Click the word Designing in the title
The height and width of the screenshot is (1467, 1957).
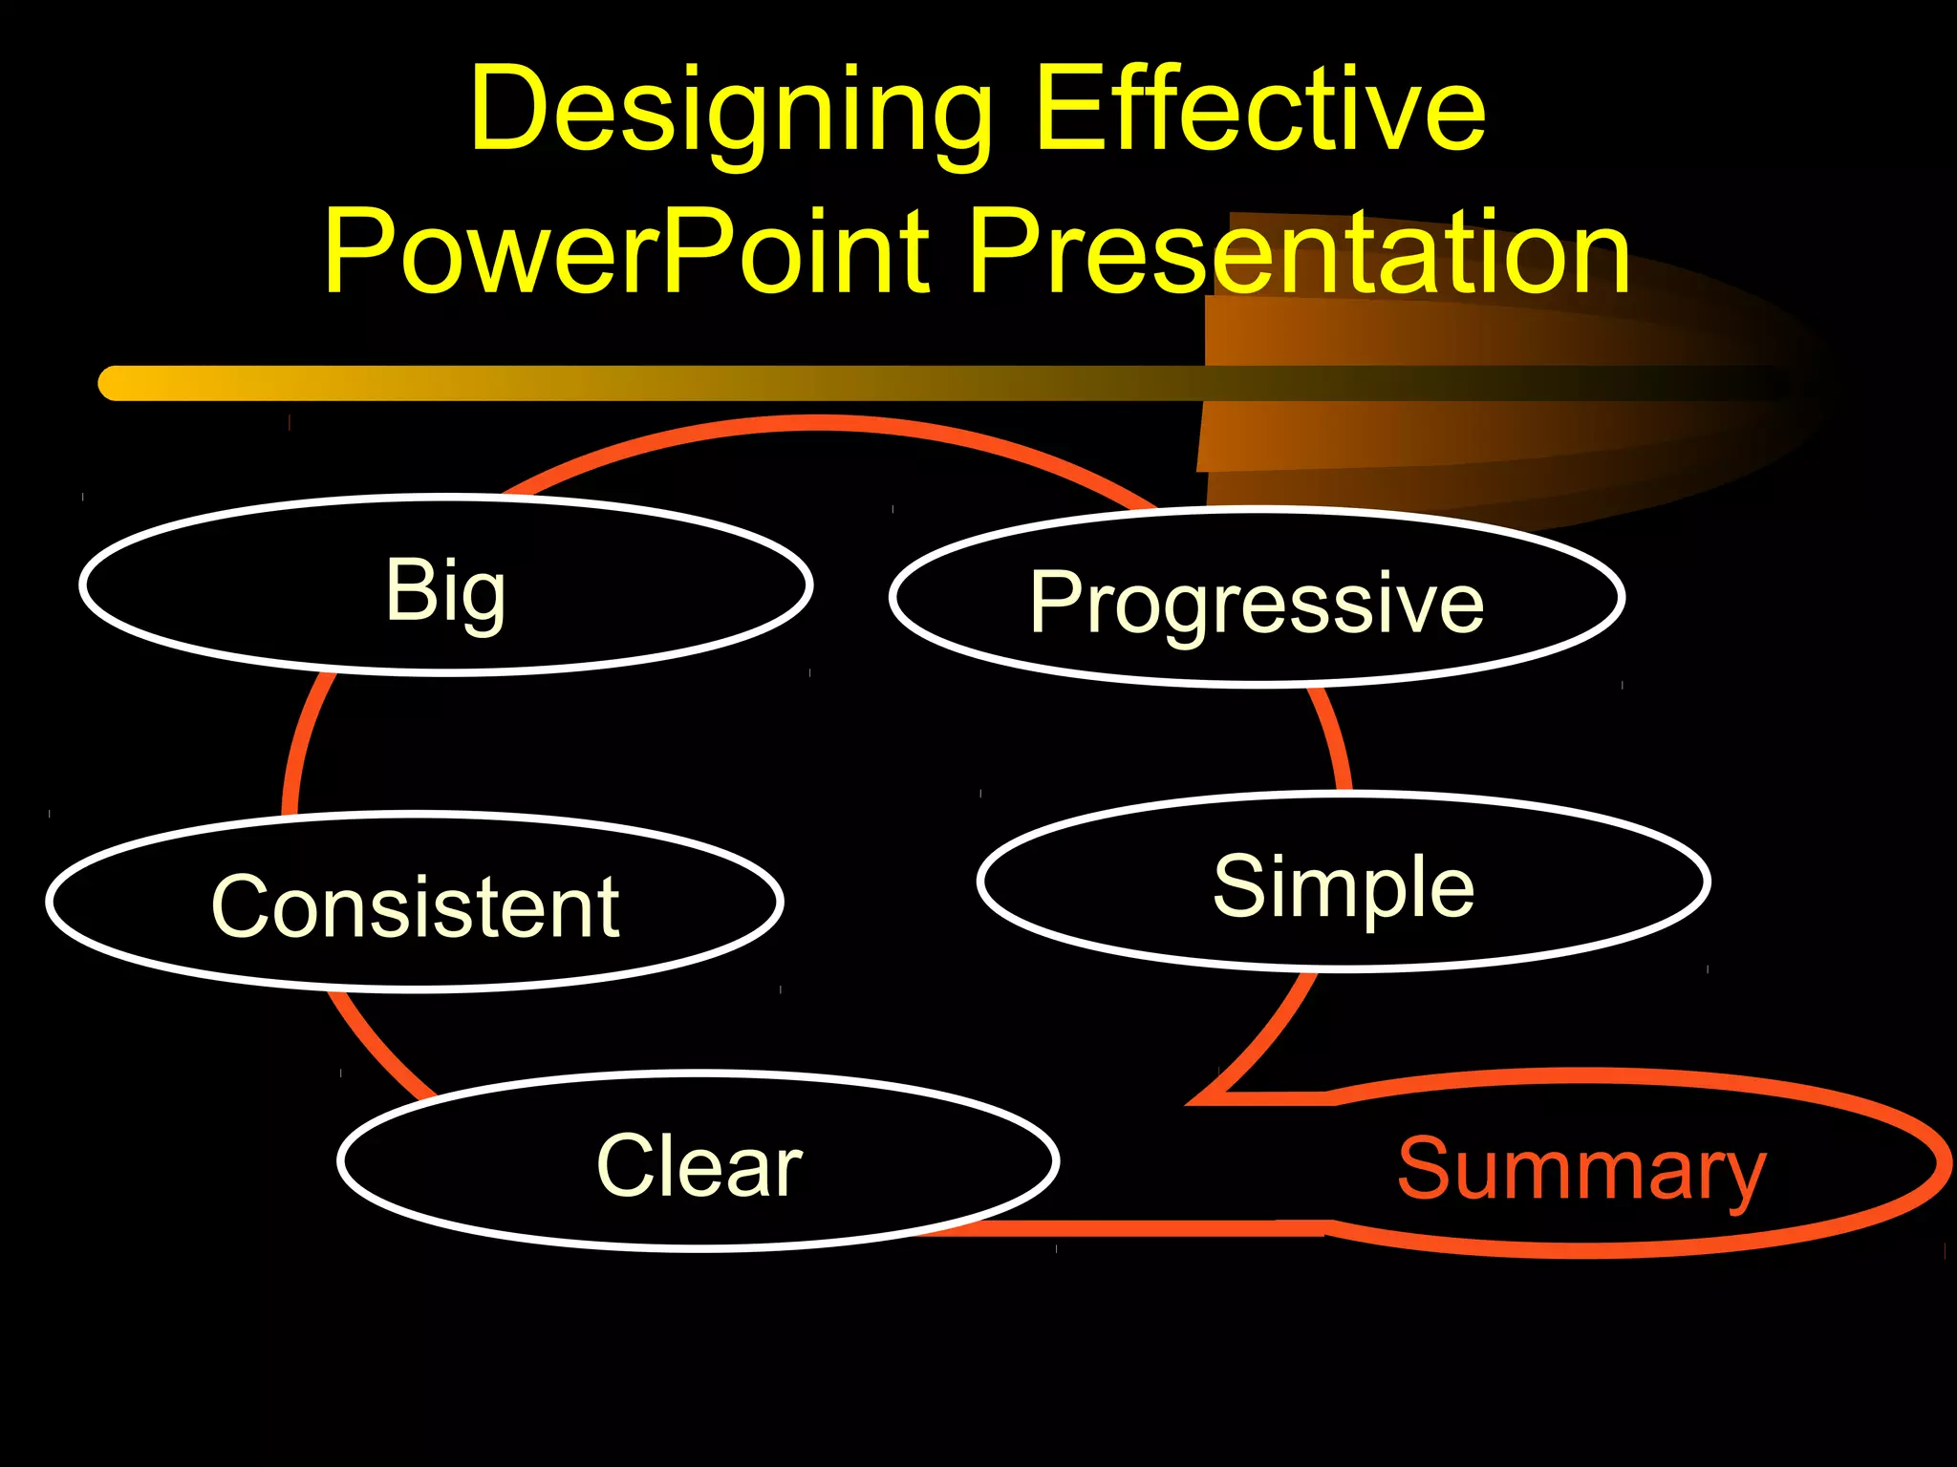tap(731, 110)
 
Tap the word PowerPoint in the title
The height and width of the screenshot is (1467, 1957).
tap(626, 253)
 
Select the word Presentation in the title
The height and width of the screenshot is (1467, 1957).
tap(1300, 253)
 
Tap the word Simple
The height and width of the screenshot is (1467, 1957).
tap(1344, 886)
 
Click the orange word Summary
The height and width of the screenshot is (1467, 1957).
tap(1581, 1170)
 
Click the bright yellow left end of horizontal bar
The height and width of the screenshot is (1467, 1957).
tap(124, 383)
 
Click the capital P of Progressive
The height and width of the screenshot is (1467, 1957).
tap(1056, 602)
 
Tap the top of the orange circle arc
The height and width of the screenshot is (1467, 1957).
tap(817, 423)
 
